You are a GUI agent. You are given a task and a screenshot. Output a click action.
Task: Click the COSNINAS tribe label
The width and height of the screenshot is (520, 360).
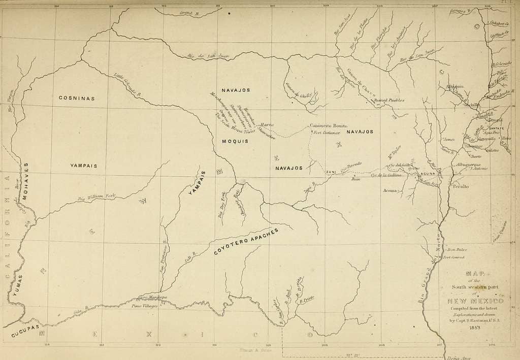(76, 98)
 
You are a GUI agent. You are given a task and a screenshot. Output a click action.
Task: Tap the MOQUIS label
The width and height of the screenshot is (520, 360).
(235, 141)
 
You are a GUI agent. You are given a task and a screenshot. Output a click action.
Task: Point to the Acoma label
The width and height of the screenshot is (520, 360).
(391, 190)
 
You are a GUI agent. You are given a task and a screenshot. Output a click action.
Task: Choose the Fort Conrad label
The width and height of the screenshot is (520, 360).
(453, 257)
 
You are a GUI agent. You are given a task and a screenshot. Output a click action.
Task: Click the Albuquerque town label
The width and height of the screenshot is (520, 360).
(472, 165)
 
